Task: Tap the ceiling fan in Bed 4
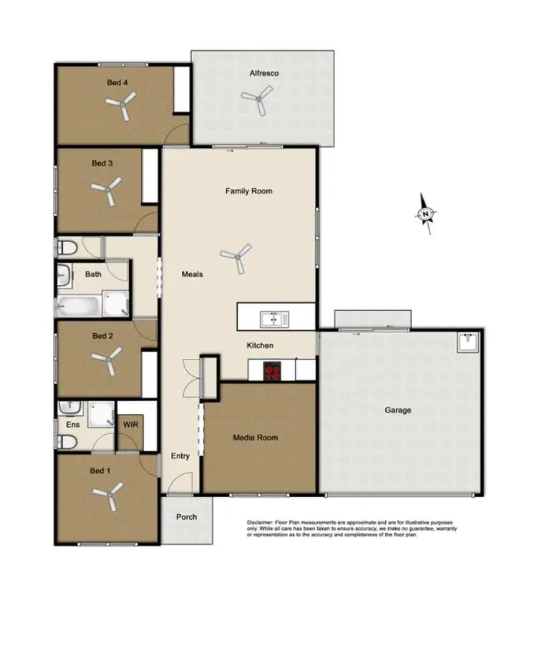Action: (120, 108)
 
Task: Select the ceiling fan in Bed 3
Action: (105, 191)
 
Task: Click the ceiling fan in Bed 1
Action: (110, 495)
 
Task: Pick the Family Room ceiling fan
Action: (236, 257)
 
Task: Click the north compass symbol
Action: (426, 213)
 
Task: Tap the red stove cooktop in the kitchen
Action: (272, 371)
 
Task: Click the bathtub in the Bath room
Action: (79, 306)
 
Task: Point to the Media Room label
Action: (255, 438)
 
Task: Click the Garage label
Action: (398, 410)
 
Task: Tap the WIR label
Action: (130, 425)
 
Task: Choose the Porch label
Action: (185, 517)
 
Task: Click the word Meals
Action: (192, 274)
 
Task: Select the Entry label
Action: (180, 456)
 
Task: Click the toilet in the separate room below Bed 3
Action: (67, 248)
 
